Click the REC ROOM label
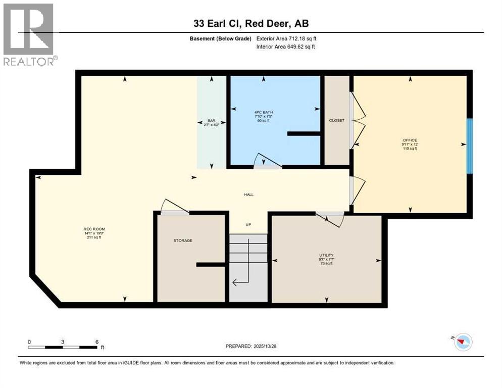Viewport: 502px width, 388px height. [x=94, y=229]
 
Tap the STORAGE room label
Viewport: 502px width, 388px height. [x=183, y=240]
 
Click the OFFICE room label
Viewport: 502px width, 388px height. [x=410, y=140]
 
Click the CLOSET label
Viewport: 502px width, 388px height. [x=336, y=121]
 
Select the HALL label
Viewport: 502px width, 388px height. [x=248, y=194]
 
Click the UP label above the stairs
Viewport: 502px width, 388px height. [x=248, y=225]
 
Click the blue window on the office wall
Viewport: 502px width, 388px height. [x=470, y=146]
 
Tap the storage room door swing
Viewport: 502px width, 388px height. [x=172, y=207]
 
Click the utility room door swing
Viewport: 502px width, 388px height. [x=331, y=219]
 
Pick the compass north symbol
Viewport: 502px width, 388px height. [x=462, y=342]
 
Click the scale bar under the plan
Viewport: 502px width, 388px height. [x=63, y=347]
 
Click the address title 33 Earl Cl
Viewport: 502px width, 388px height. [x=250, y=23]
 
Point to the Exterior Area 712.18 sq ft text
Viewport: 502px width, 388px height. [x=286, y=38]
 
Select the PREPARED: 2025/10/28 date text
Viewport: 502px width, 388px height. [x=251, y=346]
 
